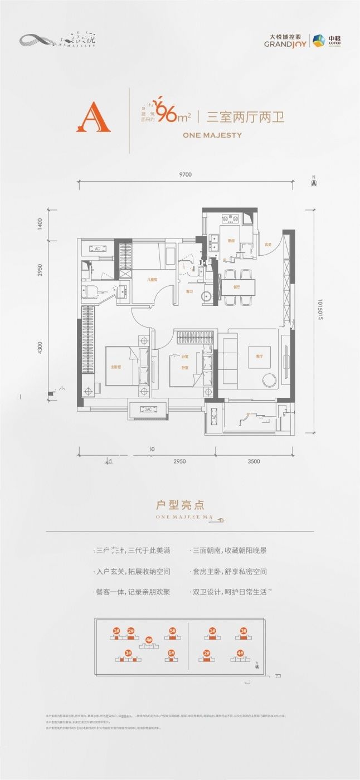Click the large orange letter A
93,118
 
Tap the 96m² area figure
173,115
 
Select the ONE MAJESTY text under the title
212,135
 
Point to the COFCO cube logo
318,41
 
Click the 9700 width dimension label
185,175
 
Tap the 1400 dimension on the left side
40,224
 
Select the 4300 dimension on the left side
40,349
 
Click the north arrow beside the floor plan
314,180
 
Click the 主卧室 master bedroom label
116,366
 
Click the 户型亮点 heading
180,505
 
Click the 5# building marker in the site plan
172,631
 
